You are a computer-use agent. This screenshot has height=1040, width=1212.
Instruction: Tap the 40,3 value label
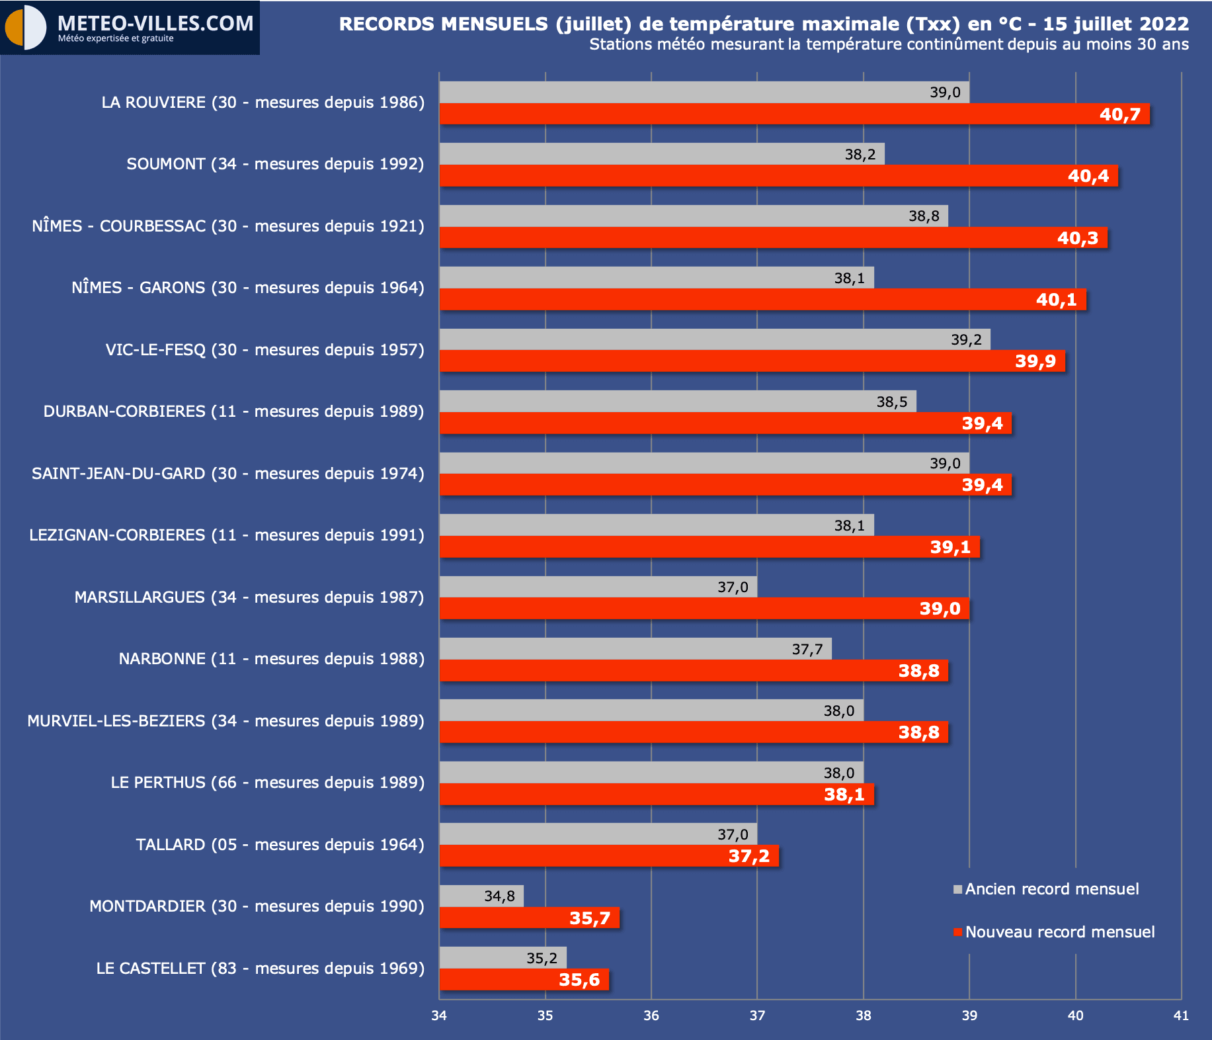pos(1077,238)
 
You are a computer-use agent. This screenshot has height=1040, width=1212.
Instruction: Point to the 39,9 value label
pos(1035,361)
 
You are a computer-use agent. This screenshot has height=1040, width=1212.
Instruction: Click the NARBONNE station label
pos(271,659)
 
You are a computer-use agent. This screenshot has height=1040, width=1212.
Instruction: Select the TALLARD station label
pos(280,845)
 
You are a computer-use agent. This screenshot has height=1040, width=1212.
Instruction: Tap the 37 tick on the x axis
pos(757,1016)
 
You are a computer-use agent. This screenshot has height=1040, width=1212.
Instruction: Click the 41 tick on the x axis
pos(1181,1016)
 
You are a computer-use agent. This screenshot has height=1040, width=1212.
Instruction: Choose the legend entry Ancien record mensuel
pos(1051,889)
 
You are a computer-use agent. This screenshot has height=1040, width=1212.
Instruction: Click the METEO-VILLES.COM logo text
pos(155,24)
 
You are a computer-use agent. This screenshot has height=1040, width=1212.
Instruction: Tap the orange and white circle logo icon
pos(25,28)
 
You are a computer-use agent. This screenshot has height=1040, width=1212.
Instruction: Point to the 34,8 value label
pos(499,896)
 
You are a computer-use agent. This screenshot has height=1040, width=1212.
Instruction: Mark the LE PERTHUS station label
pos(267,783)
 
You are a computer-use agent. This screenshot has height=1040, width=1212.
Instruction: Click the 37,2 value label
pos(748,856)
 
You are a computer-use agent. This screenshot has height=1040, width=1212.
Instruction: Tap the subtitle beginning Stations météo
pos(889,44)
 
